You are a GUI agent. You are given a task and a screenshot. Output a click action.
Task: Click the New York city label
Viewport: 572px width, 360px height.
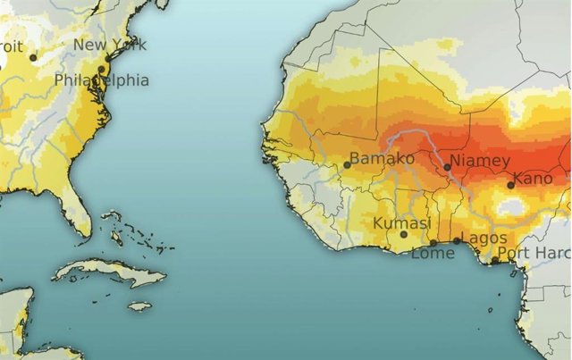tap(110, 45)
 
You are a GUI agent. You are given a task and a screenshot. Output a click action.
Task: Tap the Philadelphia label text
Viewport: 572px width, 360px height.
tap(101, 80)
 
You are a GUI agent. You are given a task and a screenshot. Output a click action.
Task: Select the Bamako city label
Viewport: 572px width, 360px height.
tap(383, 158)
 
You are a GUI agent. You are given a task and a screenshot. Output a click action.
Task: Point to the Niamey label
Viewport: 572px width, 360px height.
tap(480, 161)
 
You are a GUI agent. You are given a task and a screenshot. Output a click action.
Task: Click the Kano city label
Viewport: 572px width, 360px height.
tap(534, 179)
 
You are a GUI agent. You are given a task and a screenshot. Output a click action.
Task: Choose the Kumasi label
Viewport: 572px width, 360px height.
tap(401, 222)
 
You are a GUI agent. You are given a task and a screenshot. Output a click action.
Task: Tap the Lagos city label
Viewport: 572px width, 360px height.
tap(484, 238)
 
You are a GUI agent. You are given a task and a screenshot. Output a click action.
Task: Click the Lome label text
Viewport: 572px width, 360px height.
tap(433, 254)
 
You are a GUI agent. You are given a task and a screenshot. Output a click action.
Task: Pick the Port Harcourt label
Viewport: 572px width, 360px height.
tap(534, 253)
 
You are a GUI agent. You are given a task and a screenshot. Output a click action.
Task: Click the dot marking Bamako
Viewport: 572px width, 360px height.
tap(348, 164)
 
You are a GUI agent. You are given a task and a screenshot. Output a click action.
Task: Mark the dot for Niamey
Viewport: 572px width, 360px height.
tap(447, 166)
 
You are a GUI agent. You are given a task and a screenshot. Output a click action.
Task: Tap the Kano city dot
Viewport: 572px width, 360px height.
tap(510, 185)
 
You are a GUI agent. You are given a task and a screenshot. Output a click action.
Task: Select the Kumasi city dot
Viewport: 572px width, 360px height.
tap(403, 235)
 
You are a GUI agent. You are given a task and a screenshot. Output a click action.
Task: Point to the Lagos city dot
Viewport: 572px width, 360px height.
tap(457, 240)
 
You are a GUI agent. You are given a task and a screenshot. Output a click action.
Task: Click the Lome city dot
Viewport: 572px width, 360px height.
tap(433, 242)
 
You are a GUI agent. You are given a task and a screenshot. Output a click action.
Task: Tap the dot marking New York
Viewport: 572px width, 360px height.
tap(108, 58)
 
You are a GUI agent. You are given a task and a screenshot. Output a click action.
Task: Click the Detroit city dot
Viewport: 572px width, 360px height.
tap(33, 57)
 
